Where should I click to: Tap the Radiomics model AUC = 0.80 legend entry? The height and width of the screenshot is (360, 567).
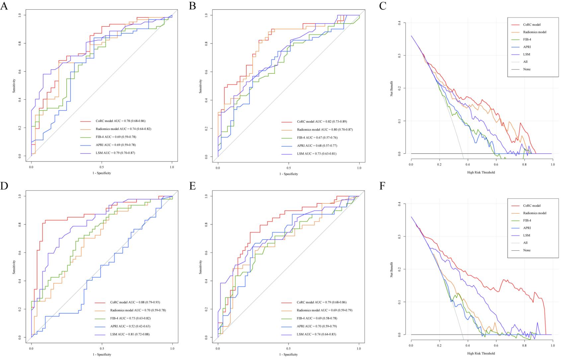[x=325, y=130]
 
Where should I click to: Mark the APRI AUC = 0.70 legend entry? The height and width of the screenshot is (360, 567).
[x=317, y=326]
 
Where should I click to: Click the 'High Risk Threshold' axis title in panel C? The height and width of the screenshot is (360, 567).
[x=481, y=172]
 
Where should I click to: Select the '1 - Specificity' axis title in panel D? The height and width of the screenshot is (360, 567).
[x=102, y=354]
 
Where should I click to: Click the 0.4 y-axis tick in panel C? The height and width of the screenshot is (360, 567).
[x=400, y=23]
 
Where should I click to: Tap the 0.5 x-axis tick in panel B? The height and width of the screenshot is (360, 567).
[x=288, y=169]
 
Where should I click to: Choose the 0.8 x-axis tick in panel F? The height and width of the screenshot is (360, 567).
[x=524, y=346]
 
